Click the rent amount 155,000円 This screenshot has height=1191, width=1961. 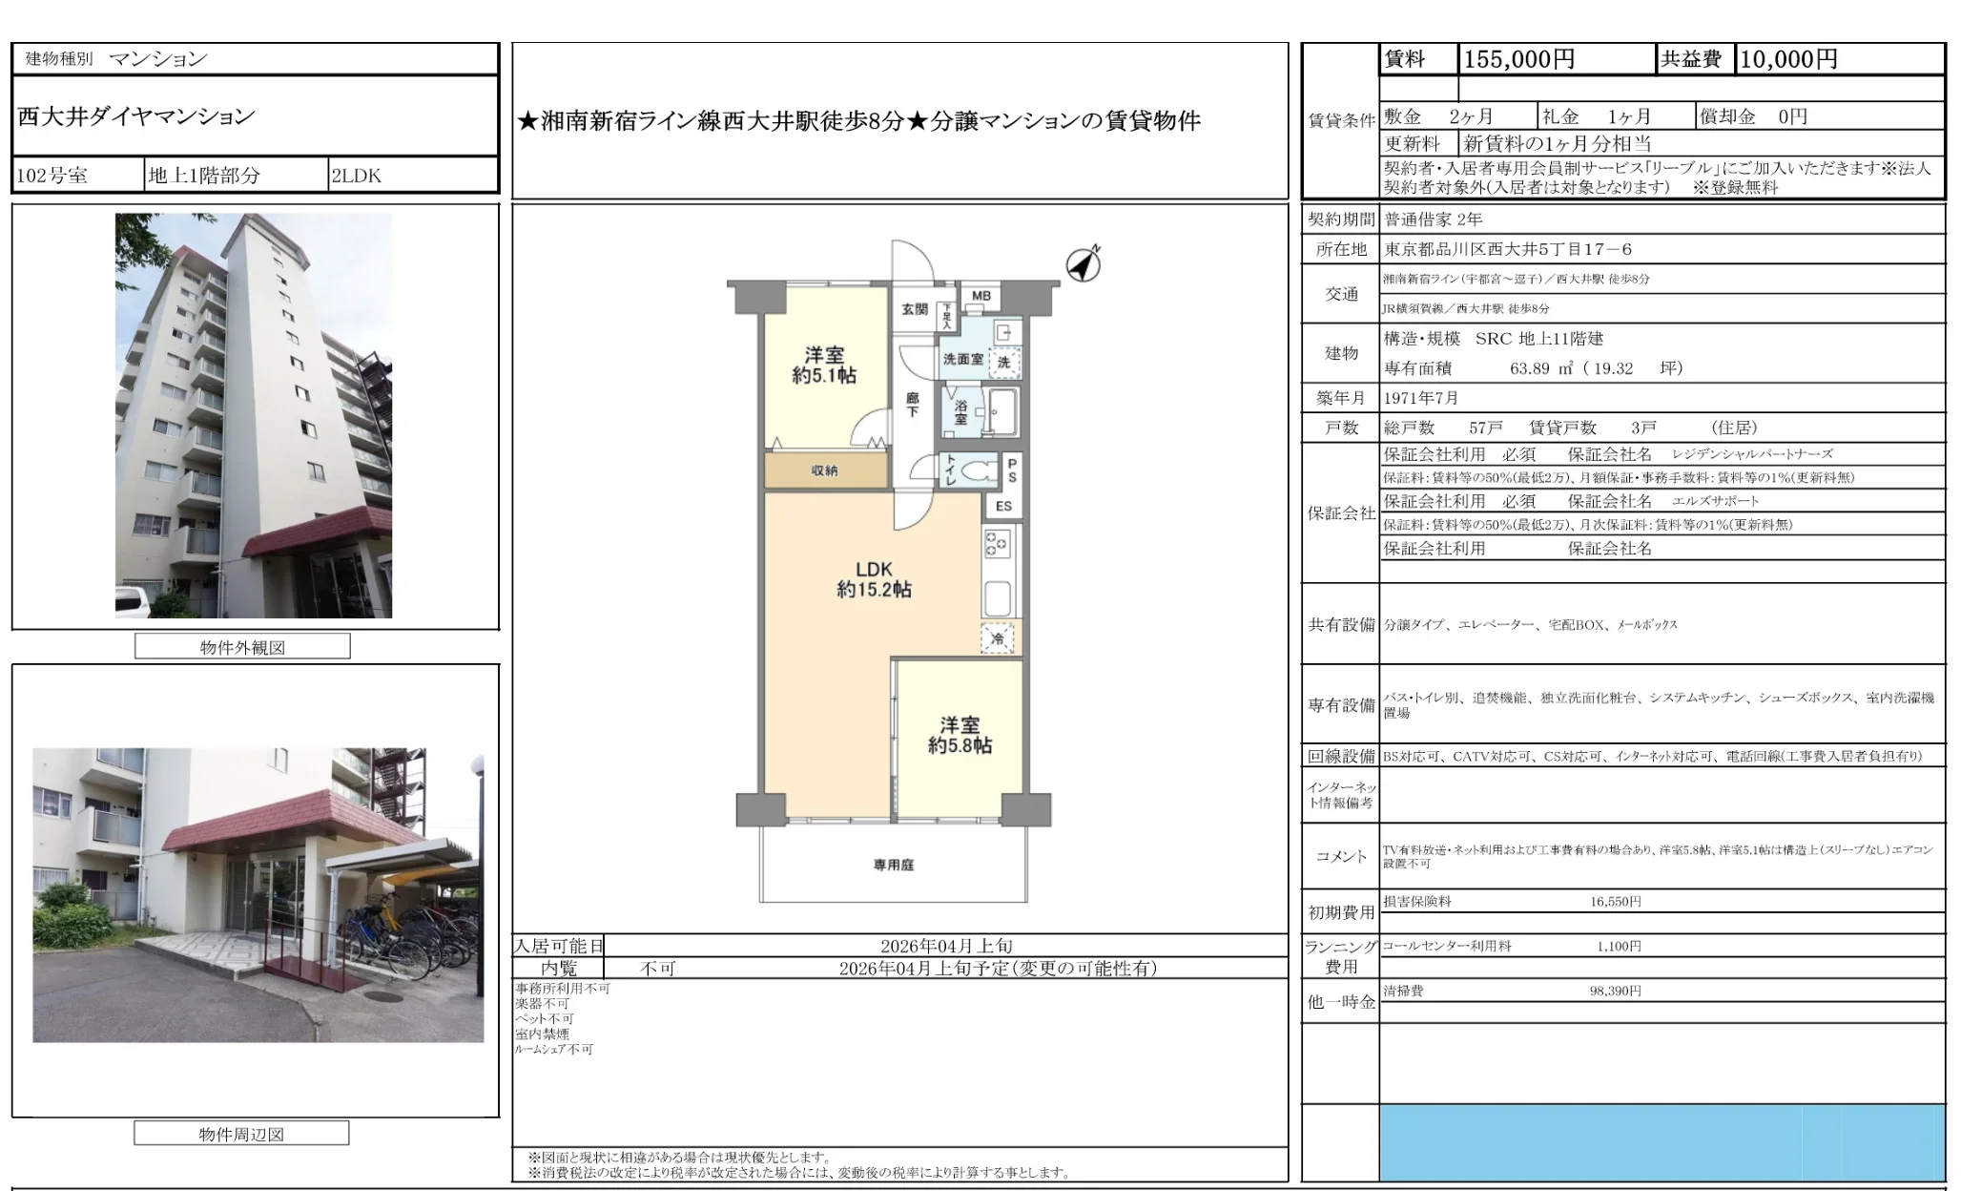coord(1518,59)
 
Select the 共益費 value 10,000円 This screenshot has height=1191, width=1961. coord(1788,59)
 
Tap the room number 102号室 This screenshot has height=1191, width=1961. coord(52,176)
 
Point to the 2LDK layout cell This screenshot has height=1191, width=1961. coord(356,176)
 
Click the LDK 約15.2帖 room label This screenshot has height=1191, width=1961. coord(874,579)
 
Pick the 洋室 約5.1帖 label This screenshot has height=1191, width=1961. coord(824,366)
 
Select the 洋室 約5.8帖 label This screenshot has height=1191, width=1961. coord(960,735)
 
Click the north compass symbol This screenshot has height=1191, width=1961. coord(1083,263)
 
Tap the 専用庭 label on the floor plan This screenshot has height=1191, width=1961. coord(894,865)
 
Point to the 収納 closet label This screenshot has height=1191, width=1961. coord(825,470)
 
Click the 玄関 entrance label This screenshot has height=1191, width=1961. coord(915,308)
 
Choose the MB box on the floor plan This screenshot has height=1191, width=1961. coord(981,296)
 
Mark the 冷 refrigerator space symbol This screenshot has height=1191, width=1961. coord(998,638)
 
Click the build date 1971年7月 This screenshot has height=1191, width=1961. coord(1421,398)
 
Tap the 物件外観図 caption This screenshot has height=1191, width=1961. coord(242,647)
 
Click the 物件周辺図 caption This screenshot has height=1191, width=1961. coord(241,1134)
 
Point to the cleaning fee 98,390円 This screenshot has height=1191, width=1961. coord(1615,991)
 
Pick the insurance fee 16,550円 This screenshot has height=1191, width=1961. coord(1615,901)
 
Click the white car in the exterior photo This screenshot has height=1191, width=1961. coord(133,603)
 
